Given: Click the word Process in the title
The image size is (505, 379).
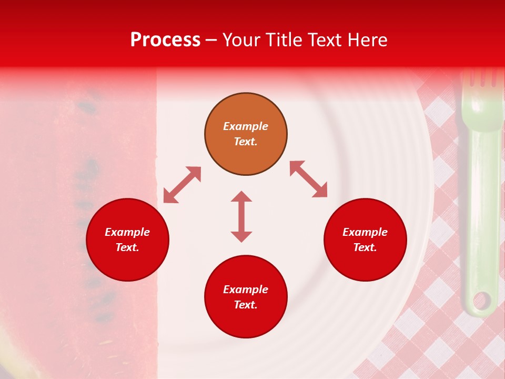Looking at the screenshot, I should pyautogui.click(x=165, y=40).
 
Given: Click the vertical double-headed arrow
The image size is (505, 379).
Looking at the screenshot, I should pyautogui.click(x=241, y=216).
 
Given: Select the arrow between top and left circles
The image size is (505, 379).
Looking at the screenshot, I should pyautogui.click(x=182, y=185).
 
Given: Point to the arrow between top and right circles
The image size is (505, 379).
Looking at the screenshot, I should pyautogui.click(x=308, y=179).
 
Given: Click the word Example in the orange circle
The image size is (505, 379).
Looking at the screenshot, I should pyautogui.click(x=246, y=126).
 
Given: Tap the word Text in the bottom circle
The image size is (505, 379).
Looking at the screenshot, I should pyautogui.click(x=245, y=305).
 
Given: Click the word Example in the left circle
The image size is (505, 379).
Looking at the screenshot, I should pyautogui.click(x=127, y=232).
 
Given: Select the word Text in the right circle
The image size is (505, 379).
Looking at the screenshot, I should pyautogui.click(x=365, y=247).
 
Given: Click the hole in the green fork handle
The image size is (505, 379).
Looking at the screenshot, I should pyautogui.click(x=481, y=302).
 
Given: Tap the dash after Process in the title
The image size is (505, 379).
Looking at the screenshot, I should pyautogui.click(x=211, y=40).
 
